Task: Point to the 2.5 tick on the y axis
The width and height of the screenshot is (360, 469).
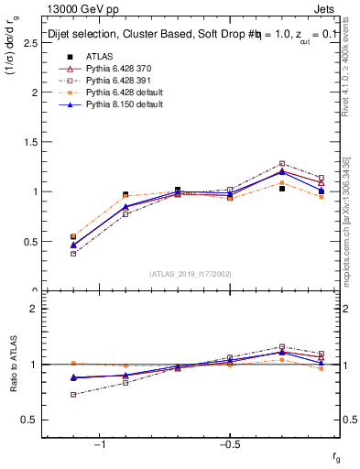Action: point(33,43)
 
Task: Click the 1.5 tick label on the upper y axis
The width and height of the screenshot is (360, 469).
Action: point(33,142)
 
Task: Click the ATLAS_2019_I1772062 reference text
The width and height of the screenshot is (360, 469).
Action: point(190,274)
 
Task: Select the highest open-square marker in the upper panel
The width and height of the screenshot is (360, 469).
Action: point(282,163)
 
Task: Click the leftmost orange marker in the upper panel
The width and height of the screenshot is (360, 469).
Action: point(73,236)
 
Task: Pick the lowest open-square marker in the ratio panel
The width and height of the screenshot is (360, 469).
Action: point(73,395)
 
